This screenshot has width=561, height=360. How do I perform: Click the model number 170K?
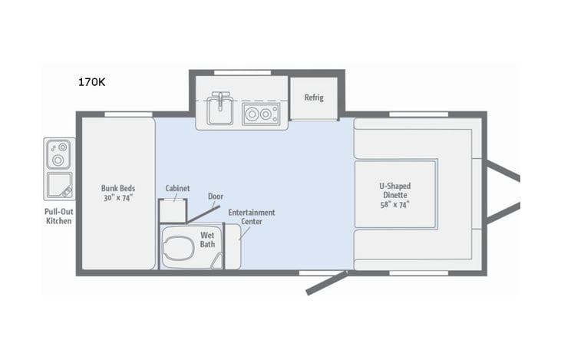pyautogui.click(x=91, y=81)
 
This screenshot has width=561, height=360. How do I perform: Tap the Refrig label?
pyautogui.click(x=314, y=97)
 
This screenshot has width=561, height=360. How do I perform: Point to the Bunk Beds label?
pyautogui.click(x=117, y=187)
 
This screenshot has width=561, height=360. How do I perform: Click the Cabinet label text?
pyautogui.click(x=177, y=188)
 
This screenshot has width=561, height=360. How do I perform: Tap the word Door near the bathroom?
pyautogui.click(x=216, y=196)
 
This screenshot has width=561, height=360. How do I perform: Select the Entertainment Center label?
pyautogui.click(x=252, y=217)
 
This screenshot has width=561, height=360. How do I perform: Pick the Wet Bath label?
pyautogui.click(x=208, y=239)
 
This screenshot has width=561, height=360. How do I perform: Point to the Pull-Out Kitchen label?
pyautogui.click(x=58, y=216)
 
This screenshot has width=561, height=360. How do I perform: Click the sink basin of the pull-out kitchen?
pyautogui.click(x=59, y=185)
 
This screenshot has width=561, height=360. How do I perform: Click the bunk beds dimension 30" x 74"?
pyautogui.click(x=117, y=197)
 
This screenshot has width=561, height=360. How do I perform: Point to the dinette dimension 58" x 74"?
pyautogui.click(x=395, y=205)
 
